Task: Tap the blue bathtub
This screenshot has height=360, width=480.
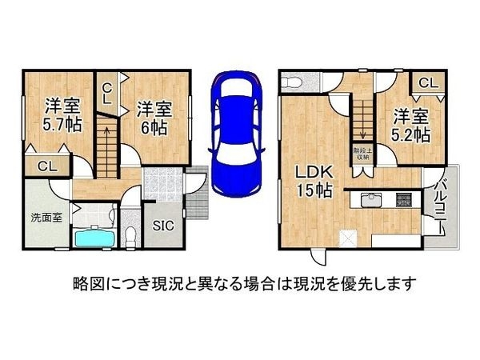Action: point(93,238)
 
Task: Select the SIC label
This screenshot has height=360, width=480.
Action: point(162,226)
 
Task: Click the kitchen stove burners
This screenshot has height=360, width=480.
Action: point(402,200)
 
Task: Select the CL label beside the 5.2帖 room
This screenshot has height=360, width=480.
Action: point(427,82)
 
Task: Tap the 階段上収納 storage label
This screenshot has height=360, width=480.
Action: point(361,154)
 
